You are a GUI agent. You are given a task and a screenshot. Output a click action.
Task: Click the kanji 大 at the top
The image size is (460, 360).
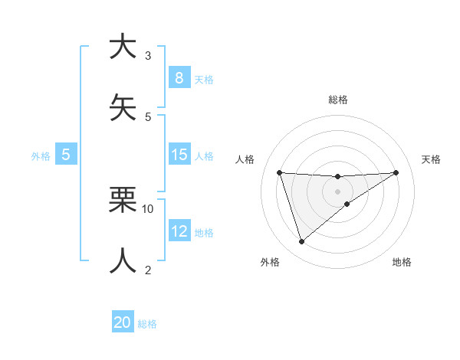click(x=123, y=47)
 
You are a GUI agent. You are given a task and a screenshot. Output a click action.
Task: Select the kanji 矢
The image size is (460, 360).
click(x=123, y=107)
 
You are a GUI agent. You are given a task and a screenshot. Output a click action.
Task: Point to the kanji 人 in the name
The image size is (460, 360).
click(x=123, y=260)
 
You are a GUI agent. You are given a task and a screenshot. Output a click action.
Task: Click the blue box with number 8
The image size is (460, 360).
click(x=179, y=77)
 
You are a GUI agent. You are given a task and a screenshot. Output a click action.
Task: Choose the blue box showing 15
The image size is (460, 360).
click(x=179, y=155)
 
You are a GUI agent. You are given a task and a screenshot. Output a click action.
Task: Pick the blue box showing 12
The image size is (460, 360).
click(x=179, y=231)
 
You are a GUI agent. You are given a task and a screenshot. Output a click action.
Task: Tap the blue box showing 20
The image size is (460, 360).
click(x=123, y=322)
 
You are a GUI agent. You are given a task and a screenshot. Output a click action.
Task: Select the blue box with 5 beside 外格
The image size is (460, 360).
click(x=66, y=155)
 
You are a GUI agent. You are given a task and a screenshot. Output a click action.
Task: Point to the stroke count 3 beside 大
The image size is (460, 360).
click(x=148, y=56)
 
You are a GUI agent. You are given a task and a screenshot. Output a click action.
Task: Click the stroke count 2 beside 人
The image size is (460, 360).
click(x=148, y=270)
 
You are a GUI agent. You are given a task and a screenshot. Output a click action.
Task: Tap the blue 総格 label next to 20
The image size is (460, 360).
click(x=147, y=324)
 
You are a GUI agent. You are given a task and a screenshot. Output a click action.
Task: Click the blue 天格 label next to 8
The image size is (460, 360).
click(x=204, y=79)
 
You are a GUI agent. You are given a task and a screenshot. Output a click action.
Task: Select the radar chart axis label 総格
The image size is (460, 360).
click(x=337, y=100)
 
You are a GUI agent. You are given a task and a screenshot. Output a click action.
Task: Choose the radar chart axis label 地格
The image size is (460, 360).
click(x=402, y=262)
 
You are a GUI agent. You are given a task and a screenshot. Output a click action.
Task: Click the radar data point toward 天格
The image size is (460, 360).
click(x=396, y=172)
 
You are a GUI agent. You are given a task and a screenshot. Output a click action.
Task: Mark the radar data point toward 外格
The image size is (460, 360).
click(x=301, y=242)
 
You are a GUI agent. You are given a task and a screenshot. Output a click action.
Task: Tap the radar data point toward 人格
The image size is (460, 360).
click(x=279, y=172)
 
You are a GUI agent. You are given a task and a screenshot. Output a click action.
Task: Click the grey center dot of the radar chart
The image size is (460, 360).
click(x=337, y=191)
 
